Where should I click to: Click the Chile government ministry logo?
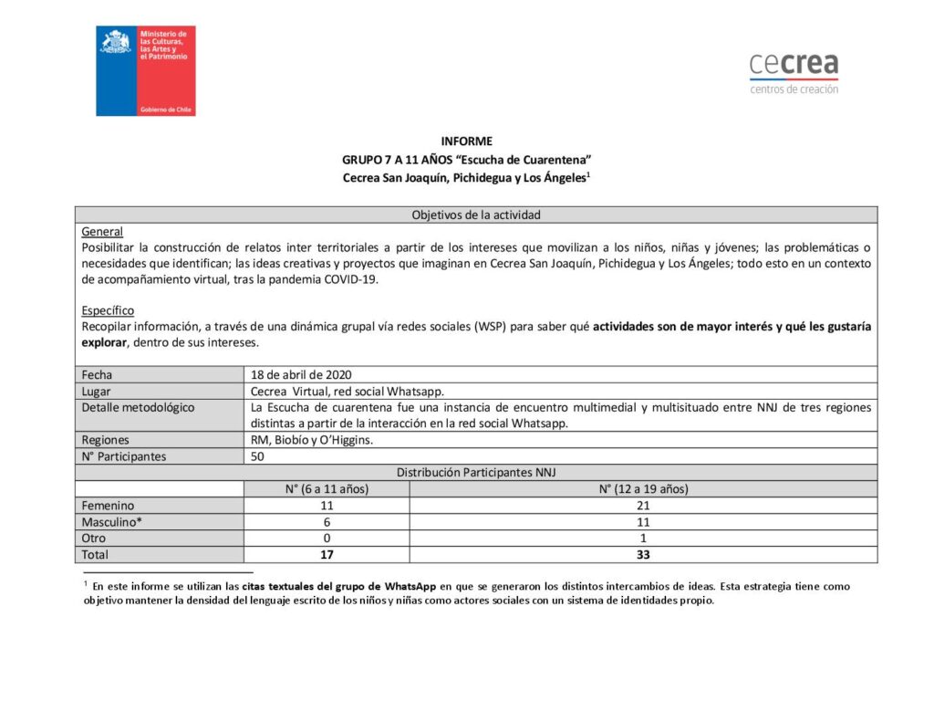click(146, 70)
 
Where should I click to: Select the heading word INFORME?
click(466, 141)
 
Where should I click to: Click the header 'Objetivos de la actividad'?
click(476, 215)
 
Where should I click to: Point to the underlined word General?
click(102, 232)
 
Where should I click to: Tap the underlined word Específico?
click(108, 310)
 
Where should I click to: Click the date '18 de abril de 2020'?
click(301, 374)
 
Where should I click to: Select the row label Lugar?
click(96, 391)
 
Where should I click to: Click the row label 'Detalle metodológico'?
click(137, 407)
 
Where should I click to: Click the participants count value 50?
click(257, 456)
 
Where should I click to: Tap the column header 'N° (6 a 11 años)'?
click(327, 489)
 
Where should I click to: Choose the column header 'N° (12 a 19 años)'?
click(643, 489)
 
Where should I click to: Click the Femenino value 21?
click(643, 506)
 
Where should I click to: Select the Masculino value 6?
click(327, 522)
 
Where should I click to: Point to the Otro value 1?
click(643, 539)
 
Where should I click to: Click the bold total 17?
click(327, 555)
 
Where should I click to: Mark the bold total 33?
click(643, 555)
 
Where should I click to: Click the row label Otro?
click(94, 539)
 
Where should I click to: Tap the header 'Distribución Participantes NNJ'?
click(476, 473)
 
